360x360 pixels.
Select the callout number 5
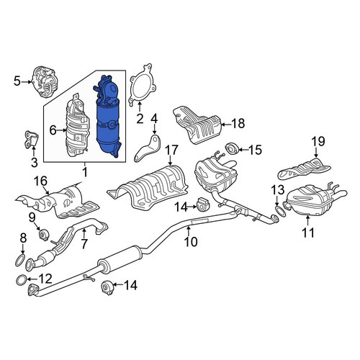click(17, 81)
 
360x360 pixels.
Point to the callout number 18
click(238, 124)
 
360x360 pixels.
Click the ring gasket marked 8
click(20, 261)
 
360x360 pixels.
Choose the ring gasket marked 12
click(21, 280)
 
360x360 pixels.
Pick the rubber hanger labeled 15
click(231, 148)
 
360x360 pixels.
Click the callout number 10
click(191, 241)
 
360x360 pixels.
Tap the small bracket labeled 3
click(32, 140)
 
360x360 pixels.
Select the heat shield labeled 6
click(77, 126)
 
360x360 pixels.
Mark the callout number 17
click(172, 150)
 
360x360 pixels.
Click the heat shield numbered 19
click(305, 169)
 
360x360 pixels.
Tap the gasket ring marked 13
click(280, 211)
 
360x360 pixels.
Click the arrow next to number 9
click(37, 226)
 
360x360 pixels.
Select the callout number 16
click(41, 181)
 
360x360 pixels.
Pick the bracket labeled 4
click(148, 149)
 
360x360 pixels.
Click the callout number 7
click(84, 243)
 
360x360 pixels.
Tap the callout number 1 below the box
click(85, 173)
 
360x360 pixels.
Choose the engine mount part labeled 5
click(45, 81)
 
